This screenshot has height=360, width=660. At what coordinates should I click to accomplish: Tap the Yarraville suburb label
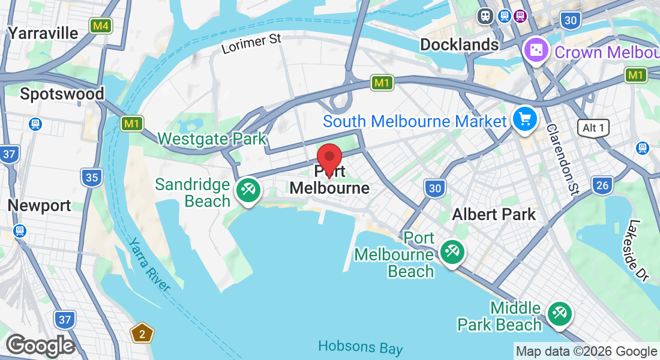[43, 33]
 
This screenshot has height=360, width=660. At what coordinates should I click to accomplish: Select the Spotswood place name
[62, 94]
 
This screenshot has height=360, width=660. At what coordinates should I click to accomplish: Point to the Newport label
[39, 205]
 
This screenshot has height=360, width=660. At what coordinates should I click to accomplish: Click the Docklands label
[459, 44]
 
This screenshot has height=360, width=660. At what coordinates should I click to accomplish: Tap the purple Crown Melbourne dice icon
[534, 49]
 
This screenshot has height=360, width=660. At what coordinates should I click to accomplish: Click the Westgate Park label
[211, 139]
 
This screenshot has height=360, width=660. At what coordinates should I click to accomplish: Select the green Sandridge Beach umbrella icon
[247, 191]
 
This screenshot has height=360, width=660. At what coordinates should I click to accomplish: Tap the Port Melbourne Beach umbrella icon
[451, 251]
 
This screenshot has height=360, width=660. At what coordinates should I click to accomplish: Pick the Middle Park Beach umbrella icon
[559, 313]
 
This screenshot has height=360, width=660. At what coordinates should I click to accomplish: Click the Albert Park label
[494, 214]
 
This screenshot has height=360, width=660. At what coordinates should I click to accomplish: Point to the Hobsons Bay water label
[361, 347]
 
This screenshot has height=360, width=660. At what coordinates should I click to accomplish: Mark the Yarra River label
[149, 264]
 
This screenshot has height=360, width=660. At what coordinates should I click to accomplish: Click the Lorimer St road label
[251, 44]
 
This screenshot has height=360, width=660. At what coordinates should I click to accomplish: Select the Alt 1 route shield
[593, 127]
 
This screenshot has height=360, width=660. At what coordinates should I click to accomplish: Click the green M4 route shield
[100, 26]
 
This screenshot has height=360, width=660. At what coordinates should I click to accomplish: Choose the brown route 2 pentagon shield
[142, 334]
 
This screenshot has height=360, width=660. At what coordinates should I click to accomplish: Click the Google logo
[40, 346]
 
